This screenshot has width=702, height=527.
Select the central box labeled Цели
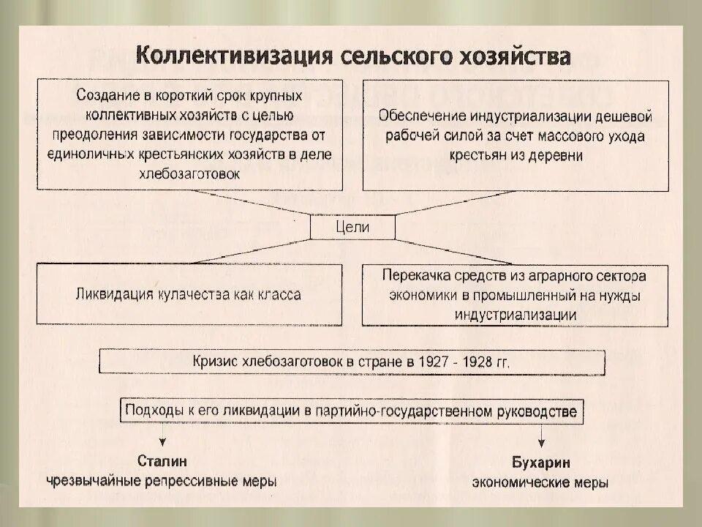click(352, 227)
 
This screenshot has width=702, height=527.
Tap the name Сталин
click(162, 462)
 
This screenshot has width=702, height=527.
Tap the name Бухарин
click(541, 463)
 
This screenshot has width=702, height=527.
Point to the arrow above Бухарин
click(542, 437)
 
